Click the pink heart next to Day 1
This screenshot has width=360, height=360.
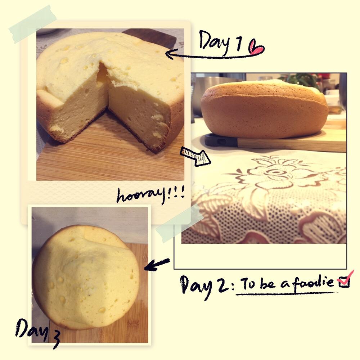[257, 47]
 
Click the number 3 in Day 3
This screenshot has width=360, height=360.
[55, 340]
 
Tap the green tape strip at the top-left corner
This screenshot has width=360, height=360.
[33, 24]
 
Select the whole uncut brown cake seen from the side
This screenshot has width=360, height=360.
[264, 109]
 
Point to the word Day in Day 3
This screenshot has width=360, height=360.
[32, 329]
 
